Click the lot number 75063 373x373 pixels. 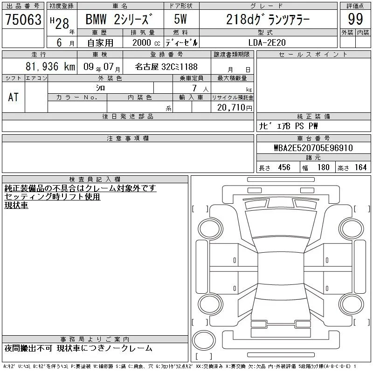coord(23,19)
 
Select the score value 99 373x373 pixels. coord(355,19)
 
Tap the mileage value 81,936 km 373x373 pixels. coord(50,66)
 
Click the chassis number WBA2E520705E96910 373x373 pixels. coord(313,148)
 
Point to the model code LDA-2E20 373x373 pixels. coord(267,42)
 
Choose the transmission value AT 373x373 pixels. coord(13,97)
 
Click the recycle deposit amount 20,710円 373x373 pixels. coord(235,108)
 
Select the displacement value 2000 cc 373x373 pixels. coord(146,42)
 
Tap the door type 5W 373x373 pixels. coord(180,19)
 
